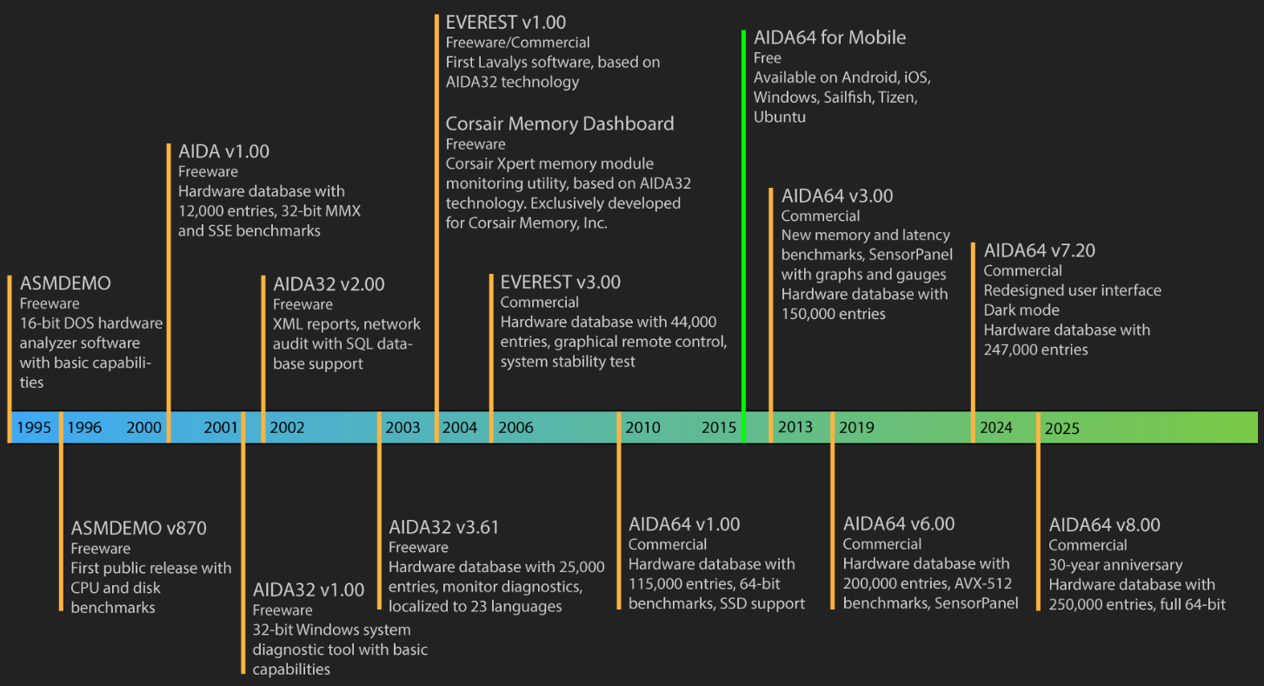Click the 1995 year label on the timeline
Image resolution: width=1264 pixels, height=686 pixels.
click(x=34, y=427)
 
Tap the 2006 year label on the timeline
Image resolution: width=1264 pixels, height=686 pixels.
click(x=516, y=427)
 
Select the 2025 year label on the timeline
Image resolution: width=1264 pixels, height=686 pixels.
click(x=1061, y=428)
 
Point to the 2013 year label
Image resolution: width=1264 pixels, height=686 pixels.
click(x=795, y=427)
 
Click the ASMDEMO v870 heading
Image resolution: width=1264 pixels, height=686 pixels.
click(x=139, y=528)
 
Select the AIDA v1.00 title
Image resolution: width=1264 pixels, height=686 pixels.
click(x=224, y=151)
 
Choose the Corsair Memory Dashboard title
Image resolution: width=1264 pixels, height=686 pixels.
click(x=560, y=123)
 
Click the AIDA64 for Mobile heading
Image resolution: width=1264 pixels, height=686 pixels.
click(x=830, y=37)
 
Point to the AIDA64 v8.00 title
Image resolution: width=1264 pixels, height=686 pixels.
click(x=1104, y=524)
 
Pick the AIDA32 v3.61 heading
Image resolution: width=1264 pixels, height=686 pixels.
click(x=443, y=527)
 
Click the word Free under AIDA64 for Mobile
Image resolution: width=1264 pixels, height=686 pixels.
click(x=768, y=58)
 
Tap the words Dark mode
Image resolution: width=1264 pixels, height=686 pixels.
click(x=1021, y=310)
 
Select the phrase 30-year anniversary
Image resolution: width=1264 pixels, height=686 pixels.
click(x=1115, y=565)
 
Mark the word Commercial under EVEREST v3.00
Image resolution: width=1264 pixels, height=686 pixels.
click(x=539, y=303)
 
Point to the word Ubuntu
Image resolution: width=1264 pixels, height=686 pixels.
click(x=780, y=117)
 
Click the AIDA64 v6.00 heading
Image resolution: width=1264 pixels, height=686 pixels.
click(x=899, y=523)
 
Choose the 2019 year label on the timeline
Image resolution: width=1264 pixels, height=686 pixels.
click(x=856, y=427)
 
